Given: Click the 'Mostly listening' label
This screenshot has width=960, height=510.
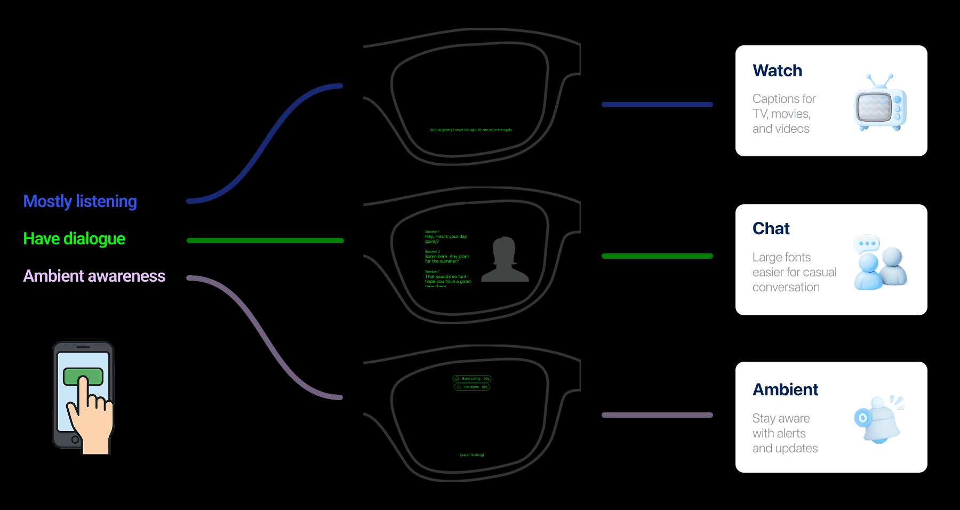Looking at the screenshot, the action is pos(80,201).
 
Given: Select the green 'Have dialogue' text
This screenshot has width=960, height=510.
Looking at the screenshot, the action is pos(74,238).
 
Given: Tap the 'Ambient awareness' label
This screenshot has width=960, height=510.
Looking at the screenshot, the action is pos(94,276).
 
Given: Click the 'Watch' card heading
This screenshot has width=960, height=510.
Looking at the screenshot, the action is pos(777,70).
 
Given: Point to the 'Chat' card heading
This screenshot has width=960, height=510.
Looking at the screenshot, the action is pos(771,228).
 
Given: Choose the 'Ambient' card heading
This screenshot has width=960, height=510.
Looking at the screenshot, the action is pos(785,389).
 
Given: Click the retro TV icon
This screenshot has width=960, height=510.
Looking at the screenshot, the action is pos(880,103).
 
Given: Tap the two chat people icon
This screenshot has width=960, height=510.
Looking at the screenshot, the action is pos(880,262).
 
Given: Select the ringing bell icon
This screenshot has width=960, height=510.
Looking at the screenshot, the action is pos(880,419).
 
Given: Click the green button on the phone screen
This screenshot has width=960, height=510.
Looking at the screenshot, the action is pos(83,376).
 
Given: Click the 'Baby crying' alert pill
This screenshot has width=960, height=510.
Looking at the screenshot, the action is pos(471,379).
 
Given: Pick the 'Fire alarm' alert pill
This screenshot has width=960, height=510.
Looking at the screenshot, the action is pos(471,387).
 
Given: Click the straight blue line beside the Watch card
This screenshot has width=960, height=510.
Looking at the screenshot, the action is pos(657,105).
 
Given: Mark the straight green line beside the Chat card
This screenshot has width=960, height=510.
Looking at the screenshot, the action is pos(657,256).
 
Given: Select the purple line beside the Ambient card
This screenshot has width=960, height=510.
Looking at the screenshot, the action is pos(657,415).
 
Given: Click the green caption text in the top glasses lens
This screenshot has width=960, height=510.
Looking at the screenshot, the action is pos(471,130).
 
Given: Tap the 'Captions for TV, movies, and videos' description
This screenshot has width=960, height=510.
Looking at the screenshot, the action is pos(783,114).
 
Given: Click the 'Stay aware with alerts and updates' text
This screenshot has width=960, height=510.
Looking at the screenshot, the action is pos(785,433).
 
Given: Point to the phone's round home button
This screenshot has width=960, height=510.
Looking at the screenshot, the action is pos(75,440).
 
